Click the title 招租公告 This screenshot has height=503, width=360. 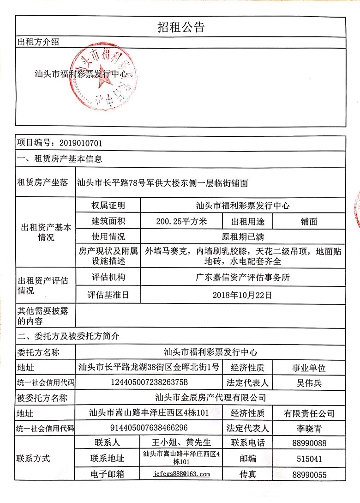[x=180, y=27]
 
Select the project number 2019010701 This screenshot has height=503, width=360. [x=76, y=143]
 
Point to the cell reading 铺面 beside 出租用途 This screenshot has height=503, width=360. [x=309, y=221]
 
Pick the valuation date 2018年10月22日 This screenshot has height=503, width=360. [x=242, y=294]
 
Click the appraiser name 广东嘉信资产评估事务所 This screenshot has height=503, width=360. [x=242, y=277]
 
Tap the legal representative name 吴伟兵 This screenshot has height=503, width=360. [x=309, y=383]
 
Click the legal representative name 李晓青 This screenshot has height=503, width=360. [x=309, y=428]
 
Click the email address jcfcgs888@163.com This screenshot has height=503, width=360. [x=181, y=474]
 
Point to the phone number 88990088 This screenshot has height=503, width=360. [x=309, y=443]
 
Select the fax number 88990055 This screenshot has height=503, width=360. [x=309, y=474]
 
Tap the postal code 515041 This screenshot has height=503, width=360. [x=309, y=459]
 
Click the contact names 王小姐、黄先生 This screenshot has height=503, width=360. [x=181, y=442]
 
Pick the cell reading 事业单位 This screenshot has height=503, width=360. [x=309, y=368]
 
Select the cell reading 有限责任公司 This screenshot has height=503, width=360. [x=309, y=413]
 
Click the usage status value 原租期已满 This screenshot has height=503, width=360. [x=242, y=237]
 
